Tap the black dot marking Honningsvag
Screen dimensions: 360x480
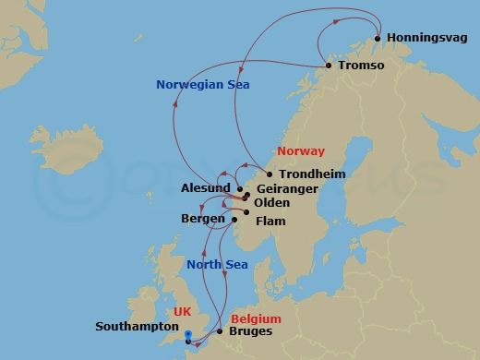[x=378, y=39]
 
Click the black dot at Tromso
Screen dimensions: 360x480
[x=328, y=66]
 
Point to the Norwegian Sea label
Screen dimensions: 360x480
[x=203, y=85]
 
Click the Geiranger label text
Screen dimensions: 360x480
[x=286, y=188]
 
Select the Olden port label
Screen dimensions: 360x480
[x=271, y=202]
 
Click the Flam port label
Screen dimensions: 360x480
[x=271, y=221]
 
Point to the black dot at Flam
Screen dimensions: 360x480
[x=234, y=220]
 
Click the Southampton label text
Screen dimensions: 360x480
[x=137, y=327]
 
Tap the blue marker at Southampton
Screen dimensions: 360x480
[x=187, y=336]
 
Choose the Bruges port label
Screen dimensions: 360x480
[x=251, y=331]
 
